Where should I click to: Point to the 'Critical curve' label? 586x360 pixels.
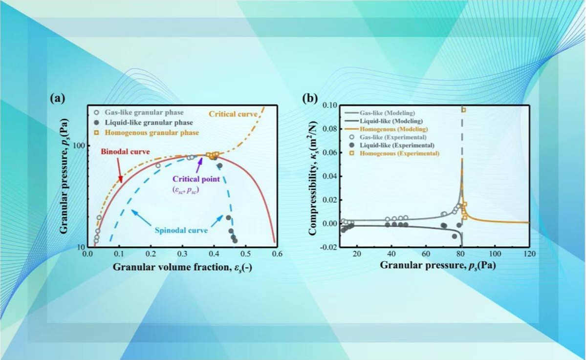(233, 114)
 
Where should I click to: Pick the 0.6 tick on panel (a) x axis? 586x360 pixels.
(277, 254)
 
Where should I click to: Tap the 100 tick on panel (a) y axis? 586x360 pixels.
(78, 146)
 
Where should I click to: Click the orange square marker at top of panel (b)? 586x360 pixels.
(463, 110)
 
